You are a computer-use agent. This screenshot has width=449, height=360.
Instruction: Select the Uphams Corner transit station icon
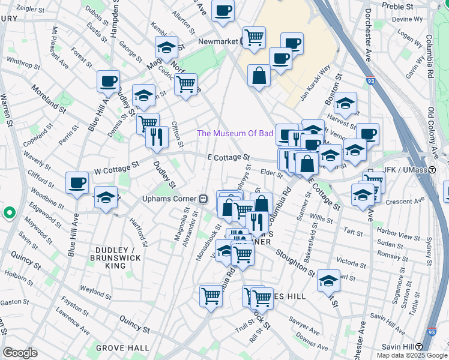[x=203, y=199]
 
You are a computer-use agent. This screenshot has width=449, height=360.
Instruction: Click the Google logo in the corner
[x=20, y=353]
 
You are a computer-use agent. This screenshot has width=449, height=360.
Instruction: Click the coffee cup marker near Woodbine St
[x=77, y=183]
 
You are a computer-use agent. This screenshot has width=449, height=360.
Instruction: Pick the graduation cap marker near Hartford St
[x=106, y=198]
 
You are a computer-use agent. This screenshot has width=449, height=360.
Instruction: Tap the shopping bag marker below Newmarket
[x=258, y=76]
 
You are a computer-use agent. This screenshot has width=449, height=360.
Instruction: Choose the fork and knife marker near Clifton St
[x=155, y=137]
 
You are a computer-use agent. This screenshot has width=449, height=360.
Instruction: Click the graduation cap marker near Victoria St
[x=328, y=281]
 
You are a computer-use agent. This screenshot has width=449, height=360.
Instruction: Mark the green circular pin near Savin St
[x=9, y=212]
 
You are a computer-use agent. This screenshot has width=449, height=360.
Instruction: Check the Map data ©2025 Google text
[x=411, y=355]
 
